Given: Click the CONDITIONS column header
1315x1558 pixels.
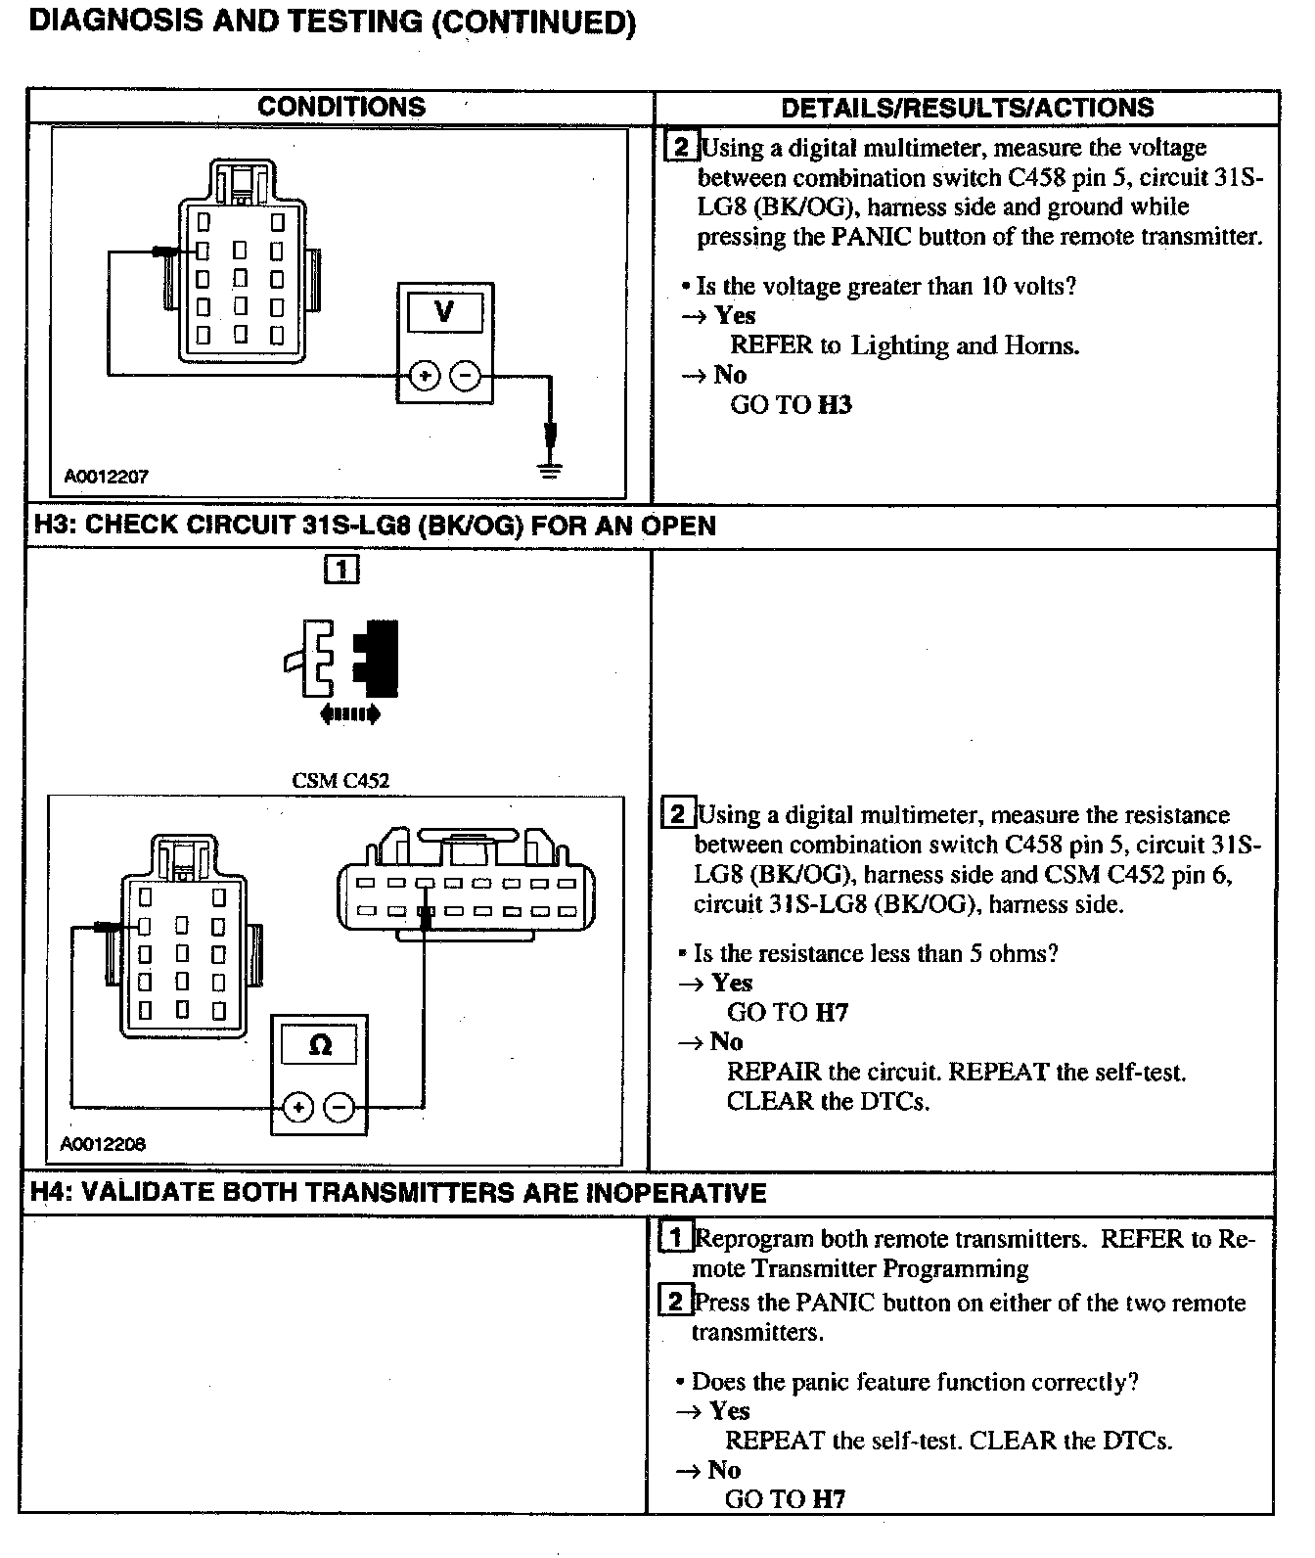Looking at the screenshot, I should click(340, 107).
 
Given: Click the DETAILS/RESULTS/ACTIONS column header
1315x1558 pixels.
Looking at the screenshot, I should click(967, 108).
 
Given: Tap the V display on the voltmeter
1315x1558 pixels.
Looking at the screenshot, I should click(444, 312).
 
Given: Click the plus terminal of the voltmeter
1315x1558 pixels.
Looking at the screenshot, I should click(424, 376).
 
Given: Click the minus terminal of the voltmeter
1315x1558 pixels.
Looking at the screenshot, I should click(466, 376).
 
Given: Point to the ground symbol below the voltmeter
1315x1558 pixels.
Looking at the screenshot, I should click(552, 468).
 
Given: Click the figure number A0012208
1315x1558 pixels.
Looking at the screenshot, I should click(103, 1144).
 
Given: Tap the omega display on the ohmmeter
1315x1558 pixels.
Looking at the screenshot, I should click(320, 1045).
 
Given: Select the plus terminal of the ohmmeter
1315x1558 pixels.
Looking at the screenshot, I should click(298, 1107).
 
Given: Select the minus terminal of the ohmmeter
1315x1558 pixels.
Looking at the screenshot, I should click(340, 1107).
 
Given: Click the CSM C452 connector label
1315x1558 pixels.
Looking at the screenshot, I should click(340, 781).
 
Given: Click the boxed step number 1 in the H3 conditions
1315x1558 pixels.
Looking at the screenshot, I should click(340, 570).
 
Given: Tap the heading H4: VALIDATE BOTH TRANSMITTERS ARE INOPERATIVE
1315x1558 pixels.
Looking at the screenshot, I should click(398, 1193).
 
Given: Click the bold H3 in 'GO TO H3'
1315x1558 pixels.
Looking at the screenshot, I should click(834, 405).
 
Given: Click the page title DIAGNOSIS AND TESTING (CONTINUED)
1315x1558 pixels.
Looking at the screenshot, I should click(333, 22).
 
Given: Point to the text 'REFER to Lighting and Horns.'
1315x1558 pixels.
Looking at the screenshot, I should click(905, 345).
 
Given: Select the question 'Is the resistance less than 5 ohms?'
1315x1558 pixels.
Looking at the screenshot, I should click(876, 953).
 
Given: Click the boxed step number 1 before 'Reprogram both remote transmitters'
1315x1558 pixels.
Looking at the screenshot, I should click(675, 1238).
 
